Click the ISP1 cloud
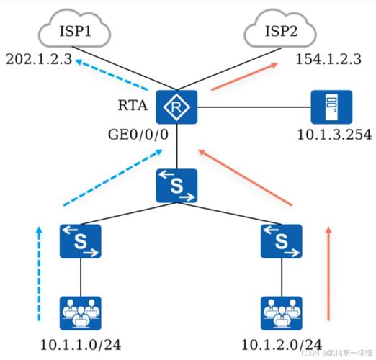click(74, 28)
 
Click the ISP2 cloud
click(280, 28)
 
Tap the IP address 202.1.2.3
click(39, 59)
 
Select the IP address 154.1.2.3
click(328, 59)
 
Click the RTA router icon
click(176, 107)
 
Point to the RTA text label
click(133, 105)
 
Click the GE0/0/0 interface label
click(138, 135)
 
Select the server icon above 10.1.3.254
click(331, 107)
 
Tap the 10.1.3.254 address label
click(334, 135)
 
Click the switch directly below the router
click(176, 186)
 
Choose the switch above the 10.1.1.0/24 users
click(81, 241)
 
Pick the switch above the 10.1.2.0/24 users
click(282, 241)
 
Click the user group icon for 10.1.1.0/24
click(81, 313)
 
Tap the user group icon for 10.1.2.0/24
click(282, 313)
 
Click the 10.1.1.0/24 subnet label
click(81, 345)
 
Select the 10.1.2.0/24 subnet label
click(282, 345)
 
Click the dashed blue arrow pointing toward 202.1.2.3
click(111, 74)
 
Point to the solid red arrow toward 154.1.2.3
click(244, 76)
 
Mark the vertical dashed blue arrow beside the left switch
click(39, 274)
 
